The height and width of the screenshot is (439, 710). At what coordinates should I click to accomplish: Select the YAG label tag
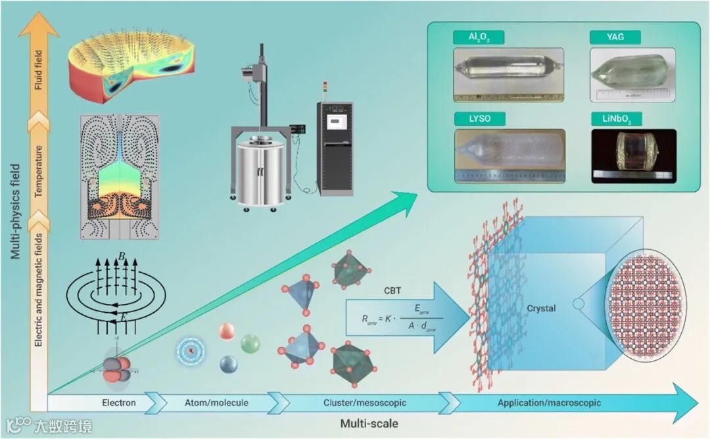point(615,38)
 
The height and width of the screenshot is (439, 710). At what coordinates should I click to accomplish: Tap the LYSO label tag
point(479,120)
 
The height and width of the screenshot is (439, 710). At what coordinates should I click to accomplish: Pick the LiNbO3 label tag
point(616,120)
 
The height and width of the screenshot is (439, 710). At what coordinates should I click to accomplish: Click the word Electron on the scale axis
point(119,402)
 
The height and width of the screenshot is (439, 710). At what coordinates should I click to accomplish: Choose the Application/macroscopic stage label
point(549,402)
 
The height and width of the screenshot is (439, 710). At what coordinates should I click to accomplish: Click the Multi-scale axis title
point(369,424)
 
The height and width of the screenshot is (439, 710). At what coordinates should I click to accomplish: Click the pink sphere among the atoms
point(225,331)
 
